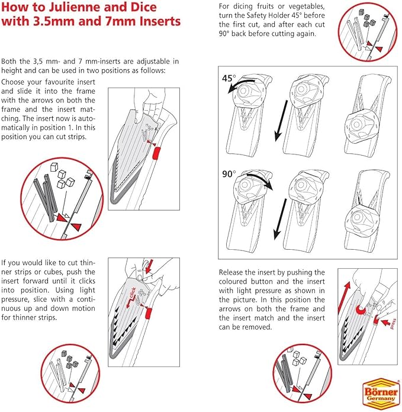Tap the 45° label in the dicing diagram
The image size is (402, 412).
229,78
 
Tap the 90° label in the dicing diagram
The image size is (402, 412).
229,174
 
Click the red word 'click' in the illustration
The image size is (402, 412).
133,292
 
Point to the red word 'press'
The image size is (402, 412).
393,323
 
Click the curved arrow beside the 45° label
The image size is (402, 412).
241,86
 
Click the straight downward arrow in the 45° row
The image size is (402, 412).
281,121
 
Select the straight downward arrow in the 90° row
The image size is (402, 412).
280,219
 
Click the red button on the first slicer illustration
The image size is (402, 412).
156,153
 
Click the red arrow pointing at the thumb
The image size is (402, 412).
150,266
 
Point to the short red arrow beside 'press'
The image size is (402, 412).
385,322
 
